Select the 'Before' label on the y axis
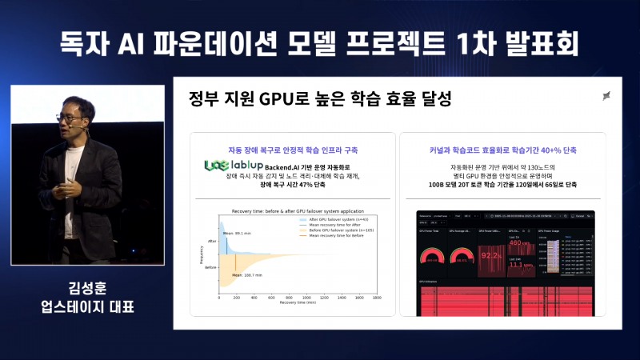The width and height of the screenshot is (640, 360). [211, 268]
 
